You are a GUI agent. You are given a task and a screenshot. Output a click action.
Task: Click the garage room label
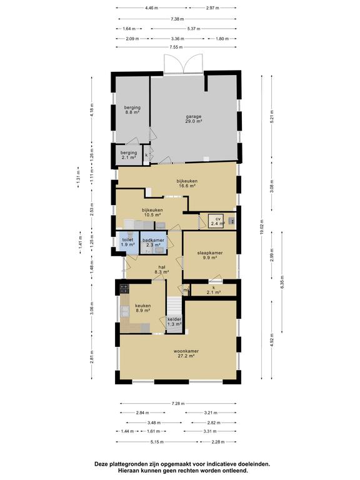194,119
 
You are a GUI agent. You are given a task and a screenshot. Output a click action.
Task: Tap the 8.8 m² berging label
132,110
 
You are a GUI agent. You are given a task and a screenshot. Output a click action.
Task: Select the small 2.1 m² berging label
129,155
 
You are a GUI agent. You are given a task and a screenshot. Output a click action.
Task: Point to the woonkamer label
186,354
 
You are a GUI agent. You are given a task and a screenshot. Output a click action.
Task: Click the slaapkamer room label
210,255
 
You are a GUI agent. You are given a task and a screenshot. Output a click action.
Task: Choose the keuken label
143,308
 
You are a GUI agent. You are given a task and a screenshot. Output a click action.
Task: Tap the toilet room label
127,242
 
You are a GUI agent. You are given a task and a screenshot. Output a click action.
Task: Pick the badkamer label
153,242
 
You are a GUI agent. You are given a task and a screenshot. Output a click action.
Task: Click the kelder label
174,321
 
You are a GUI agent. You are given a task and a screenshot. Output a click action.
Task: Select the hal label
162,269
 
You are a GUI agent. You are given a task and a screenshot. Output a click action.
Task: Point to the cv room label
218,221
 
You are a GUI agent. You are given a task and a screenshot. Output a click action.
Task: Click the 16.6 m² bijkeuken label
187,183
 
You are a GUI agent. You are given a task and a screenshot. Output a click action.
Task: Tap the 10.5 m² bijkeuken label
152,212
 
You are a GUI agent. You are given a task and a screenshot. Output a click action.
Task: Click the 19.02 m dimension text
261,227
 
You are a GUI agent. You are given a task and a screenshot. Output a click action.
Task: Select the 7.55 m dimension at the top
176,47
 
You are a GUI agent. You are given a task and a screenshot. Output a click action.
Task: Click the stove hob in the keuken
124,289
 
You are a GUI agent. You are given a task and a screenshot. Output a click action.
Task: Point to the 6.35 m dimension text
282,282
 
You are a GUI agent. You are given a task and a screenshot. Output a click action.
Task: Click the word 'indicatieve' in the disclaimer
222,464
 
